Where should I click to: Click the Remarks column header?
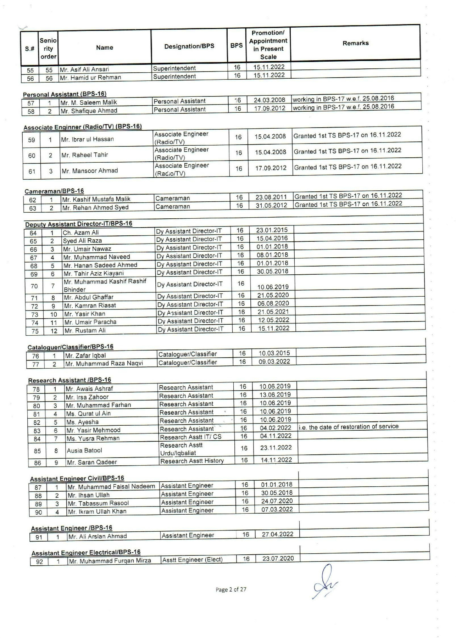(355, 43)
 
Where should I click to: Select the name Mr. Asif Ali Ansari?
(84, 69)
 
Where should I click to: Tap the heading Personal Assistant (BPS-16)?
(65, 94)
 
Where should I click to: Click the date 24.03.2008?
(269, 100)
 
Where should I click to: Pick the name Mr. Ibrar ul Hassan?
(87, 139)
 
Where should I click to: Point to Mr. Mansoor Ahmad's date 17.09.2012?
(271, 168)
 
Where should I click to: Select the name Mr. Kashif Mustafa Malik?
(96, 199)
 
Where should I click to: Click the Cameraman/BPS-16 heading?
(54, 191)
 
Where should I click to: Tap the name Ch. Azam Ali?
(80, 233)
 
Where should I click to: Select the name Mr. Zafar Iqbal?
(85, 356)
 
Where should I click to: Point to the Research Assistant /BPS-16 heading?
(69, 380)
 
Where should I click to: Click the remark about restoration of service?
(349, 427)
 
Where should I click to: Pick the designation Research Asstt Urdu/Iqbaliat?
(181, 449)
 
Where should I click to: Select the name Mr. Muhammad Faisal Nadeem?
(111, 487)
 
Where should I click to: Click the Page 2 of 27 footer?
(231, 589)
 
